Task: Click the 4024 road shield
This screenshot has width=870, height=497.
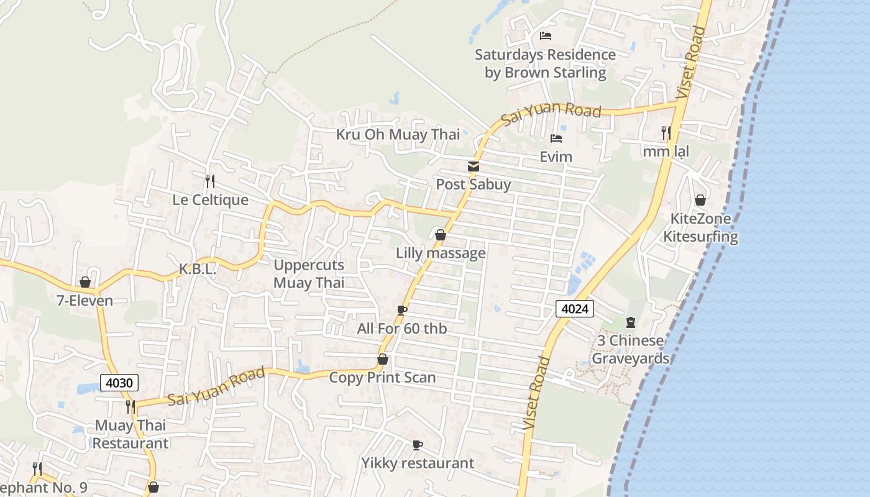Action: pyautogui.click(x=575, y=309)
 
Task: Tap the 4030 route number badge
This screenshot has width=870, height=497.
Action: pyautogui.click(x=119, y=383)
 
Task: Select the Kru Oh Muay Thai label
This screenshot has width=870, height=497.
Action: pyautogui.click(x=398, y=135)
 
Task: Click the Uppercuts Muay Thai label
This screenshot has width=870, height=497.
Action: pyautogui.click(x=309, y=274)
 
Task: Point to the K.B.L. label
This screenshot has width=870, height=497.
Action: pyautogui.click(x=197, y=270)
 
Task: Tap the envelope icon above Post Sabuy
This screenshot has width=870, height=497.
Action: pyautogui.click(x=474, y=166)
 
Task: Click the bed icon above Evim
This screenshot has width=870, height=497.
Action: pyautogui.click(x=556, y=139)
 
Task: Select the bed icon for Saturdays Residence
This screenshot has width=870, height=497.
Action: pyautogui.click(x=546, y=36)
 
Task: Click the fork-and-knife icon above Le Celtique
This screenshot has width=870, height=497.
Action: pyautogui.click(x=210, y=181)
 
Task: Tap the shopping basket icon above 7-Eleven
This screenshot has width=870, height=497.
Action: pyautogui.click(x=85, y=283)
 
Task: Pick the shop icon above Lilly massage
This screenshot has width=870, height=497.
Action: pyautogui.click(x=441, y=235)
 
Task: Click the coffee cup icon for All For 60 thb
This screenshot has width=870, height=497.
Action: pyautogui.click(x=402, y=310)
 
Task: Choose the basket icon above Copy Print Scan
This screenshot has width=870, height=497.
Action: pyautogui.click(x=383, y=359)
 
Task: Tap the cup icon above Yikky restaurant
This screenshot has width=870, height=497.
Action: pyautogui.click(x=418, y=445)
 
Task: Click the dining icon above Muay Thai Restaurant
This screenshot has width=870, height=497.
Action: pyautogui.click(x=130, y=407)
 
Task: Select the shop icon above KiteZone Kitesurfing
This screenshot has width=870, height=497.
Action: pyautogui.click(x=700, y=200)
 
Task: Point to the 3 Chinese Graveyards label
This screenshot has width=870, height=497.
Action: pyautogui.click(x=630, y=350)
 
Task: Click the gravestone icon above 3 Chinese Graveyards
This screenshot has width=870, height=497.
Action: pyautogui.click(x=631, y=322)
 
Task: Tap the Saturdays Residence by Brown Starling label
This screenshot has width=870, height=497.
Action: pyautogui.click(x=545, y=63)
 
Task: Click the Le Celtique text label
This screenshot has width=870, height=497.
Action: pyautogui.click(x=210, y=200)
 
